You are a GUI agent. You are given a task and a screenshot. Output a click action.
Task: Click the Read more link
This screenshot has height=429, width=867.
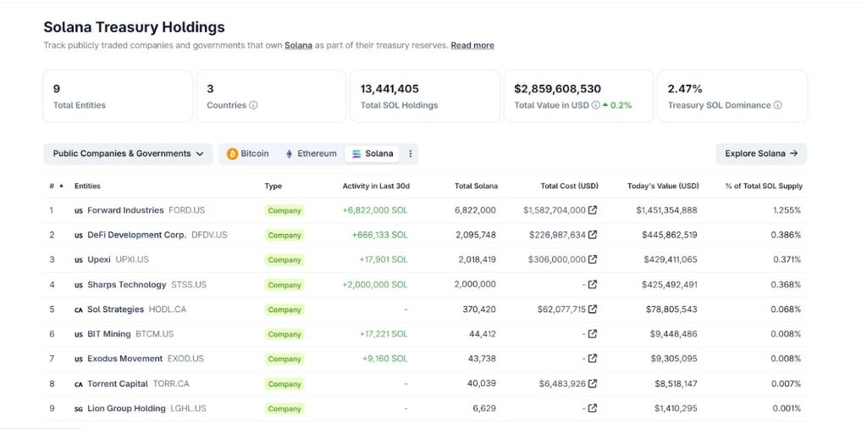[472, 45]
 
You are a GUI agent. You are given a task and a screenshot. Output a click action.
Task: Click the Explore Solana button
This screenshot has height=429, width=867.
[760, 153]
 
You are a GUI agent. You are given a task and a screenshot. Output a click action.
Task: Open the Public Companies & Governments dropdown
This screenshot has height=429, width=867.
[128, 153]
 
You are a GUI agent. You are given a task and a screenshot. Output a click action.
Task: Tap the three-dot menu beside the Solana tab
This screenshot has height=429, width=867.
[411, 153]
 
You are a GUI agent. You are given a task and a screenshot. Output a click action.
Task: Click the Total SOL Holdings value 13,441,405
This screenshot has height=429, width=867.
[389, 88]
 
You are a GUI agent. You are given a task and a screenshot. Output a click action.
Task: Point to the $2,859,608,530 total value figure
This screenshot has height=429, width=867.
[557, 88]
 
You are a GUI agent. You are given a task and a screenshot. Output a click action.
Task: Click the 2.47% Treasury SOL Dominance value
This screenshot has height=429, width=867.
[685, 88]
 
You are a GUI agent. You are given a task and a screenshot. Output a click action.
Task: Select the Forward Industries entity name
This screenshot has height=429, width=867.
[125, 210]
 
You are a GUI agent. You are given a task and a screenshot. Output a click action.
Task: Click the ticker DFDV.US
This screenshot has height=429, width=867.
[210, 235]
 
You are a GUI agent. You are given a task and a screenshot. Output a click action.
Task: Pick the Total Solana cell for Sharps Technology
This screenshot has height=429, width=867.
[475, 285]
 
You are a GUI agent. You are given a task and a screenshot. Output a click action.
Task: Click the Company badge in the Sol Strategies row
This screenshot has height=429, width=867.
[284, 309]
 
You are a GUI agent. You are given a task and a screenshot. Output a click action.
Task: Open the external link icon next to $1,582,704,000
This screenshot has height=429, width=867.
[593, 210]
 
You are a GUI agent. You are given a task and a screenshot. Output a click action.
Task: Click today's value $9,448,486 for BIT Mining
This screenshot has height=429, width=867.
[666, 334]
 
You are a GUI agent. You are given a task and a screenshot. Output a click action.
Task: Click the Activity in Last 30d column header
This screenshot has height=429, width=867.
[375, 186]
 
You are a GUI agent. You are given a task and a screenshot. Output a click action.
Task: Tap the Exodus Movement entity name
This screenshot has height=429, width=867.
[125, 359]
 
